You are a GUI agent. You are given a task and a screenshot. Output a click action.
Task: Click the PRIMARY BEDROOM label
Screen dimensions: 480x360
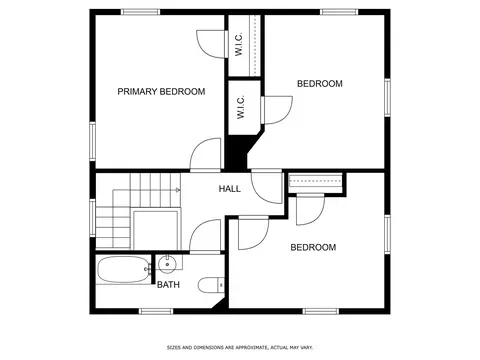click(x=161, y=91)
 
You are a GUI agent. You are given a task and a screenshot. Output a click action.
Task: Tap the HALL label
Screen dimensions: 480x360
click(x=230, y=189)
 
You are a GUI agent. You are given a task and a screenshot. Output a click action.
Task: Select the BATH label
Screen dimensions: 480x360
click(x=168, y=285)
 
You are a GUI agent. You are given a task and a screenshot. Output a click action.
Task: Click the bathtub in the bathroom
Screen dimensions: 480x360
click(x=123, y=270)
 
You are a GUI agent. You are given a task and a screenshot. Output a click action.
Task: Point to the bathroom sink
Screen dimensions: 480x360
click(x=167, y=263)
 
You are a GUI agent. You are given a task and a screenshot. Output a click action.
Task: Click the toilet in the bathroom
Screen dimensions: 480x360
click(x=211, y=285)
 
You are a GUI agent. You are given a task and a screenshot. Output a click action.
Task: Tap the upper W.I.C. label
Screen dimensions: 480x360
click(x=239, y=44)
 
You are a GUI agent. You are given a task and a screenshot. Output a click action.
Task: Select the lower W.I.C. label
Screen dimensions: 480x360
click(x=241, y=107)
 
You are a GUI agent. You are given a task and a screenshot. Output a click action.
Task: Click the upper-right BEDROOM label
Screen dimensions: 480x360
click(x=320, y=83)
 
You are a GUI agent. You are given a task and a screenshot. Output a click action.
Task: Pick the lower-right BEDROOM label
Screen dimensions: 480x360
click(x=313, y=247)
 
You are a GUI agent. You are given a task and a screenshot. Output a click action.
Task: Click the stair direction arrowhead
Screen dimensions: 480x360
click(x=178, y=190)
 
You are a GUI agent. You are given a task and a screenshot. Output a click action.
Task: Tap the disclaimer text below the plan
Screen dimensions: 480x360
click(x=240, y=348)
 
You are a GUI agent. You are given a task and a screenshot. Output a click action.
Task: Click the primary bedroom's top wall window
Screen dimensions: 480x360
click(x=140, y=12)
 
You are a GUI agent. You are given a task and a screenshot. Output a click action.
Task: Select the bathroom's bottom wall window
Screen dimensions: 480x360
click(x=156, y=311)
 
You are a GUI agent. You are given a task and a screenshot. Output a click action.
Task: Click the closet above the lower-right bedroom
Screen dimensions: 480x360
click(x=315, y=183)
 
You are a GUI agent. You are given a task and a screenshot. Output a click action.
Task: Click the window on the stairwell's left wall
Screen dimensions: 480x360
click(x=93, y=218)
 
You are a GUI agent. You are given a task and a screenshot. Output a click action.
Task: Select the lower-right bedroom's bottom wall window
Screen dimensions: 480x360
click(x=321, y=311)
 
